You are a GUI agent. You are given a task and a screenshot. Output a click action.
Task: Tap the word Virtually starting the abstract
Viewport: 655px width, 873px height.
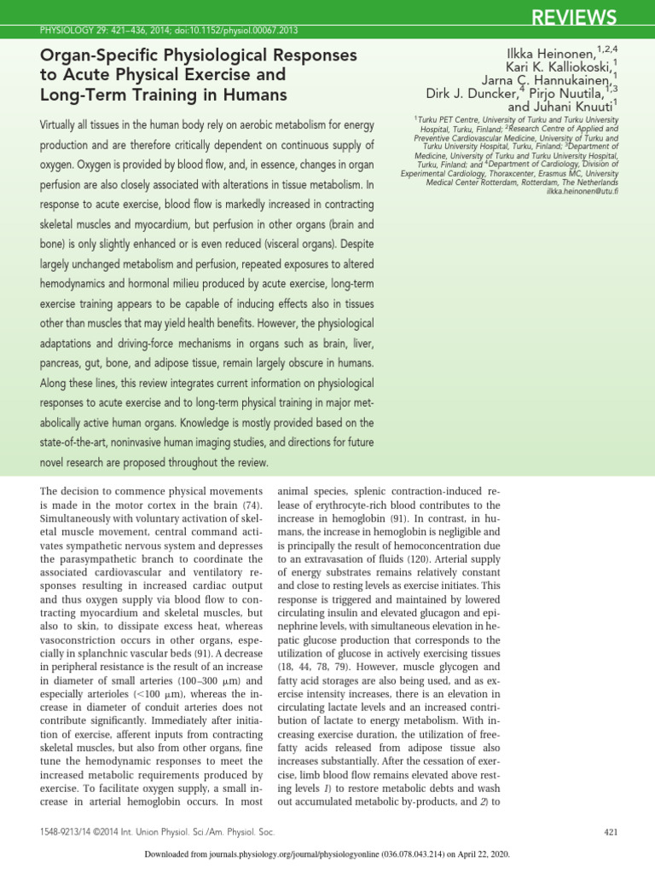pos(67,125)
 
